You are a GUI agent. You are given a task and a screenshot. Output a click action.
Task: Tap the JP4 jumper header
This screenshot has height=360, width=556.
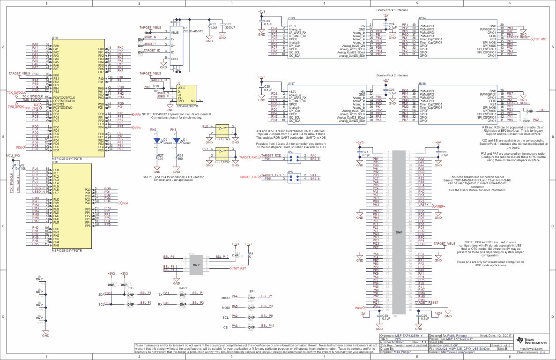point(295,157)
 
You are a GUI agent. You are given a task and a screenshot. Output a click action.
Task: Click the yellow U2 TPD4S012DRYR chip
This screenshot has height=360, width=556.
point(186,94)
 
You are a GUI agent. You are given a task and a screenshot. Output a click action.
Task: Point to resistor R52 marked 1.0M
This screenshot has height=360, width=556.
point(210,27)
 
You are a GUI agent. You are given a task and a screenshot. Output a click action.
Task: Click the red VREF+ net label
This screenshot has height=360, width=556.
point(440,206)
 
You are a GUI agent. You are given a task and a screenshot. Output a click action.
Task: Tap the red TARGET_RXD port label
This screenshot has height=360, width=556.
point(248,157)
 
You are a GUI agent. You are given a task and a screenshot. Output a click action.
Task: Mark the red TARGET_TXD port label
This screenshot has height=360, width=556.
point(249,177)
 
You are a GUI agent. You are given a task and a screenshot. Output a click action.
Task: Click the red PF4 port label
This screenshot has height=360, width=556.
point(137,127)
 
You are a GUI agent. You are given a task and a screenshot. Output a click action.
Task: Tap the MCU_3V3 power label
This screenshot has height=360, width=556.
point(13,155)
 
